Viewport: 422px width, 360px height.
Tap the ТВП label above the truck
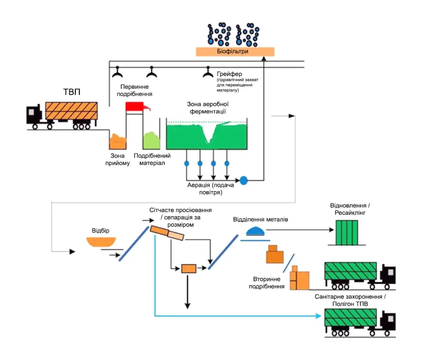click(72, 91)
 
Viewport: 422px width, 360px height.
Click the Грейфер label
click(226, 74)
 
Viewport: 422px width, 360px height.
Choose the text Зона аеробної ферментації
click(208, 108)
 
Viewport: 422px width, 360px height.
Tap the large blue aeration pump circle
click(244, 180)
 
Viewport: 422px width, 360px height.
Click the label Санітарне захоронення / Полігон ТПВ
click(350, 300)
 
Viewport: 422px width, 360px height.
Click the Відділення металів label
click(260, 220)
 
